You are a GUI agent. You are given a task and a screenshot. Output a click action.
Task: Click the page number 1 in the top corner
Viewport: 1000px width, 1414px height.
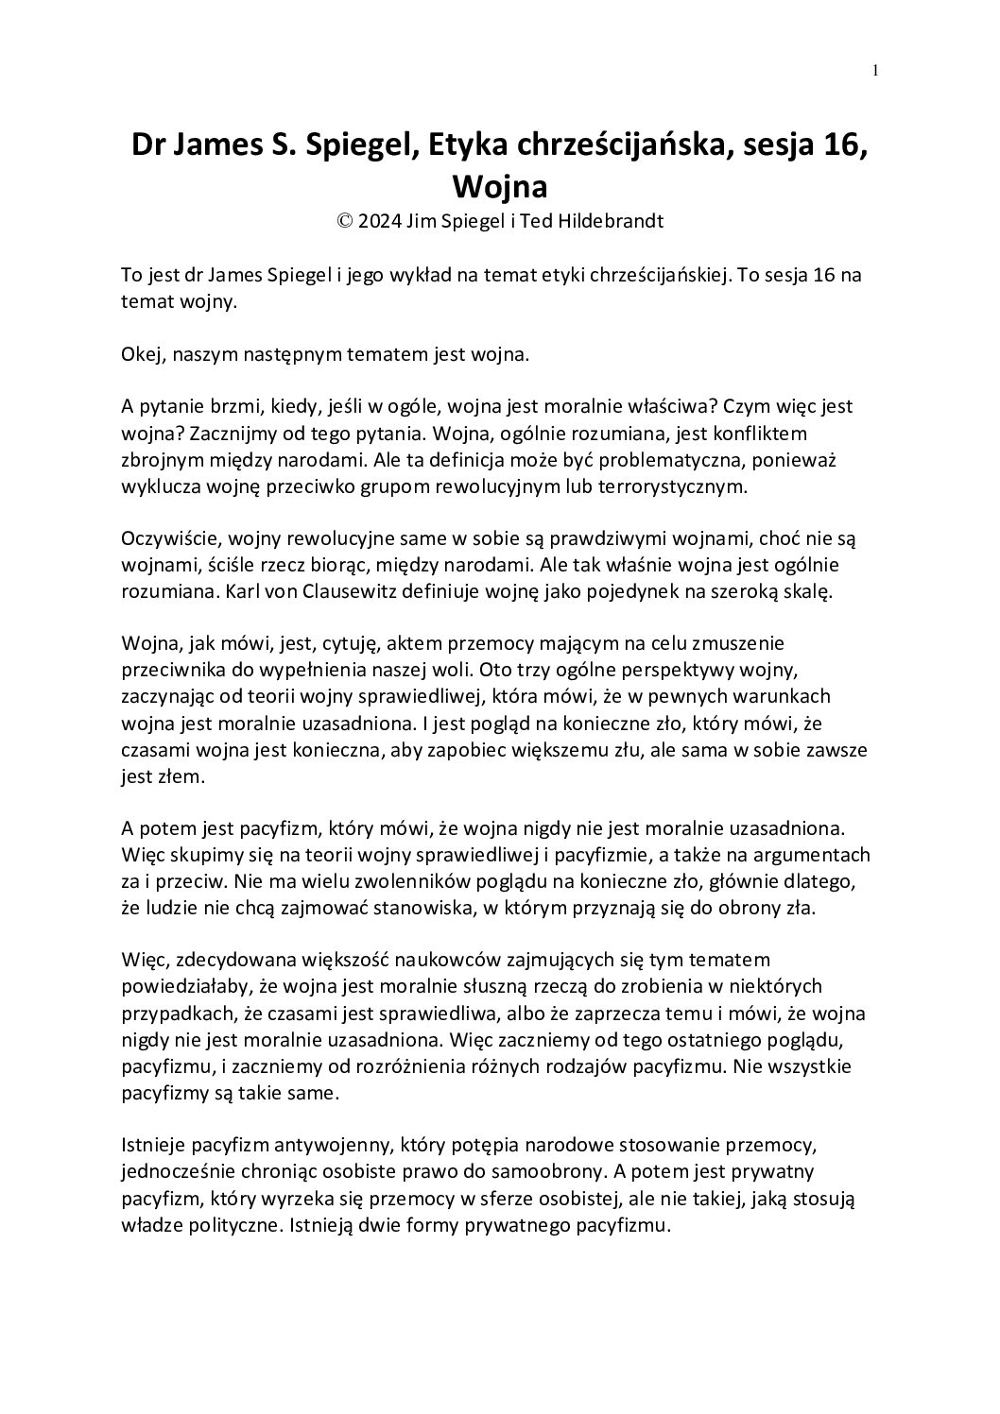876,70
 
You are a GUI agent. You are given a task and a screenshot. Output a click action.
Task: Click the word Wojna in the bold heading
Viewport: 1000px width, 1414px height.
500,186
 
